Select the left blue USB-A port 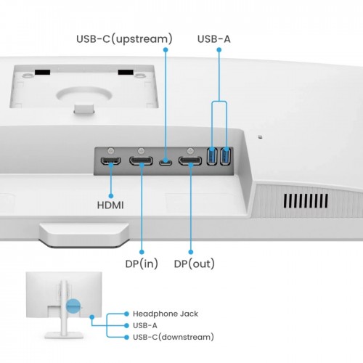click(212, 156)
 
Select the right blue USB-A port click(226, 156)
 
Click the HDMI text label click(110, 205)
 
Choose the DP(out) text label click(194, 264)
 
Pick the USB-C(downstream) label click(173, 337)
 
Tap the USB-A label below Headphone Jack click(145, 325)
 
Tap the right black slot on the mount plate click(127, 73)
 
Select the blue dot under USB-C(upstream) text click(166, 51)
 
